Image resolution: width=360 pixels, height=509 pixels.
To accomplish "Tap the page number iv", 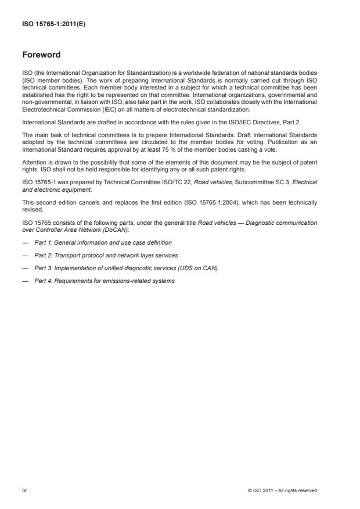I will (24, 490).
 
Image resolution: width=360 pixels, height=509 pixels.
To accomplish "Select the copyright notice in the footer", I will (282, 490).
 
